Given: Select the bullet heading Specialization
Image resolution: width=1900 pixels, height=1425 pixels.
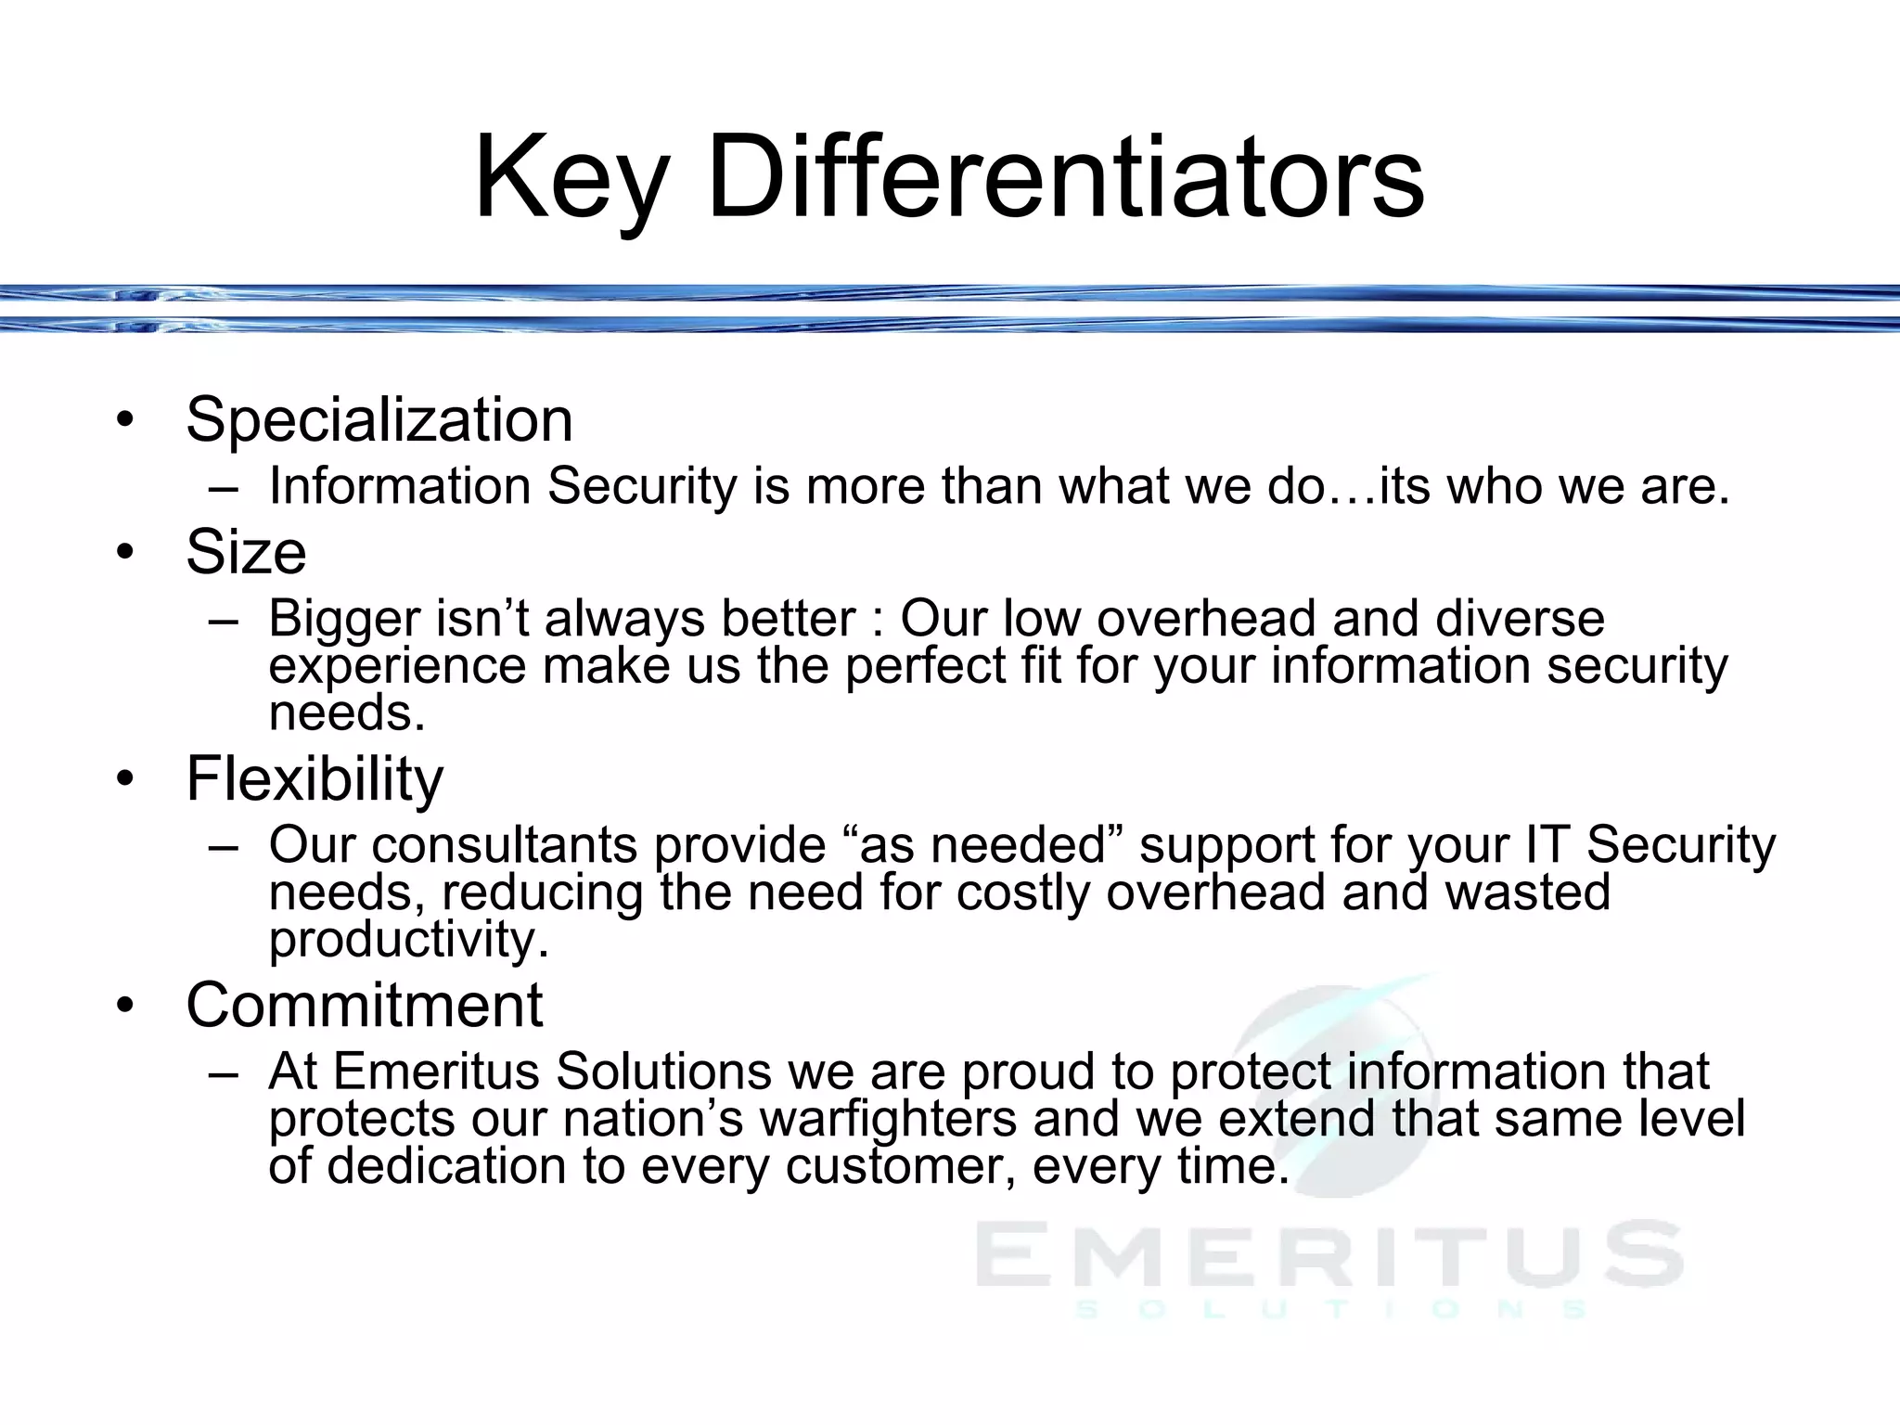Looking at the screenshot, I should tap(379, 419).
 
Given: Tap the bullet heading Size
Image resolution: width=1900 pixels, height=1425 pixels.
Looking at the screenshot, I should tap(246, 552).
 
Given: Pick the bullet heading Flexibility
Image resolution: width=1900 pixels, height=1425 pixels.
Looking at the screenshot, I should tap(315, 778).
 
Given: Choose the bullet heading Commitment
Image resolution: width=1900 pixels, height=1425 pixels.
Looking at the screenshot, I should tap(365, 1005).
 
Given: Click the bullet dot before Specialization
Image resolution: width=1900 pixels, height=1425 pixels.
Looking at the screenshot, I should tap(125, 420).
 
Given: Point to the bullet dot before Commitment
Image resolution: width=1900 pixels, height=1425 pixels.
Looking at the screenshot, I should tap(125, 1005).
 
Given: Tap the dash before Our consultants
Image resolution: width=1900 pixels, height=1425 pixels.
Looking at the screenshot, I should tap(224, 847).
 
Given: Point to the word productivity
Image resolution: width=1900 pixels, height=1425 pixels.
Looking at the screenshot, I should tap(408, 940).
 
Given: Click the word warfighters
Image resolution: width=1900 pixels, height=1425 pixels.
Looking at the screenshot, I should tap(888, 1118).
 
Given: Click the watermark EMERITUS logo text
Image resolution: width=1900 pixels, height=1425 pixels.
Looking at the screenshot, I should tap(1329, 1254).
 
